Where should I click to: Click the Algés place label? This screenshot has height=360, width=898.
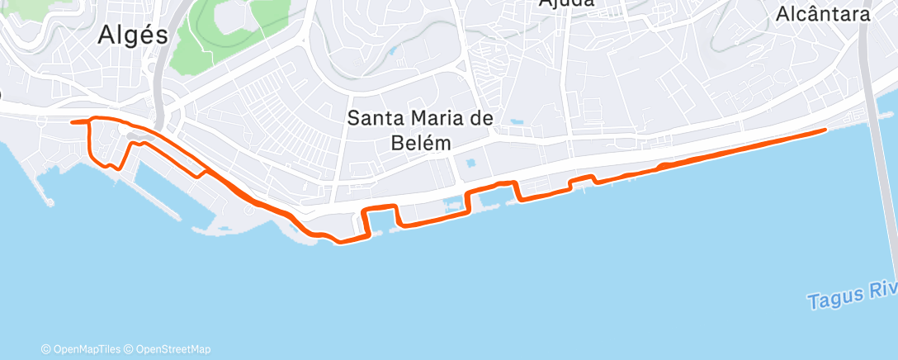tap(132, 34)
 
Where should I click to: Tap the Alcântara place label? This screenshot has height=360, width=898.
tap(823, 14)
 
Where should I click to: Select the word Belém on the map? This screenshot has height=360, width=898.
tap(420, 142)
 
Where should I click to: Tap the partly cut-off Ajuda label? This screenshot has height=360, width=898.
tap(566, 3)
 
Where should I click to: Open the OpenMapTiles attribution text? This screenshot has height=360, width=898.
tap(84, 349)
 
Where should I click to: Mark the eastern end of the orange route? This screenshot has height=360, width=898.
tap(825, 130)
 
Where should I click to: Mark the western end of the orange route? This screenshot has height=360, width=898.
tap(73, 122)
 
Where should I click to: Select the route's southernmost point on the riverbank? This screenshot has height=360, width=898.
tap(340, 242)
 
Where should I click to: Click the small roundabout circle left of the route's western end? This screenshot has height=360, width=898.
tap(2, 96)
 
